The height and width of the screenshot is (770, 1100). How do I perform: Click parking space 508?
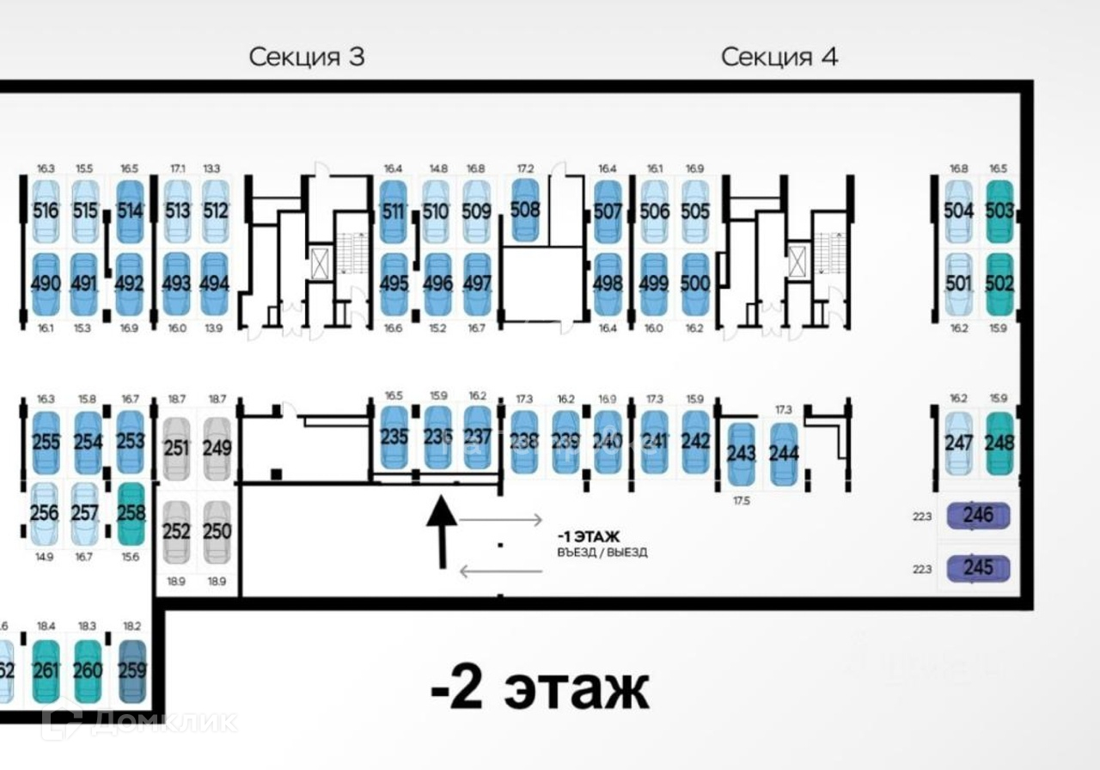tap(525, 210)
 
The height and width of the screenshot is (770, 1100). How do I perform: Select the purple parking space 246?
tap(978, 516)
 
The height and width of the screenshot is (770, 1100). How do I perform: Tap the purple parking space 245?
tap(978, 568)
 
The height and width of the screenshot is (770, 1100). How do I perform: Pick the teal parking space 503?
tap(999, 211)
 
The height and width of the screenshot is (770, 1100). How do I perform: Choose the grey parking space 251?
tap(176, 448)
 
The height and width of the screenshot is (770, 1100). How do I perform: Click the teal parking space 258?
tap(131, 513)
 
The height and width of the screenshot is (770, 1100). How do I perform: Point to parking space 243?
tap(741, 454)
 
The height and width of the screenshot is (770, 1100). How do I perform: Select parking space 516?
tap(45, 211)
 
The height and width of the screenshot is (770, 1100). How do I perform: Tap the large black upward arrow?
tap(442, 531)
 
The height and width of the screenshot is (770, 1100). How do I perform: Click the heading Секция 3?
tap(307, 58)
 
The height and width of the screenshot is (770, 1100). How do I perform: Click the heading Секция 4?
tap(779, 58)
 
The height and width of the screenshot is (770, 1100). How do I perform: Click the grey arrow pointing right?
tap(500, 519)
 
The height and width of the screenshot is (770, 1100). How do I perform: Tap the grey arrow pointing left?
tap(500, 571)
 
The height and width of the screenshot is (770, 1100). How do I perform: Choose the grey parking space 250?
tap(217, 531)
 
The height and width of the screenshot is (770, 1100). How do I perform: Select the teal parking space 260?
tap(88, 670)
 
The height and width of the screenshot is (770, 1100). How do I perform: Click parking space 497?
tap(477, 284)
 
